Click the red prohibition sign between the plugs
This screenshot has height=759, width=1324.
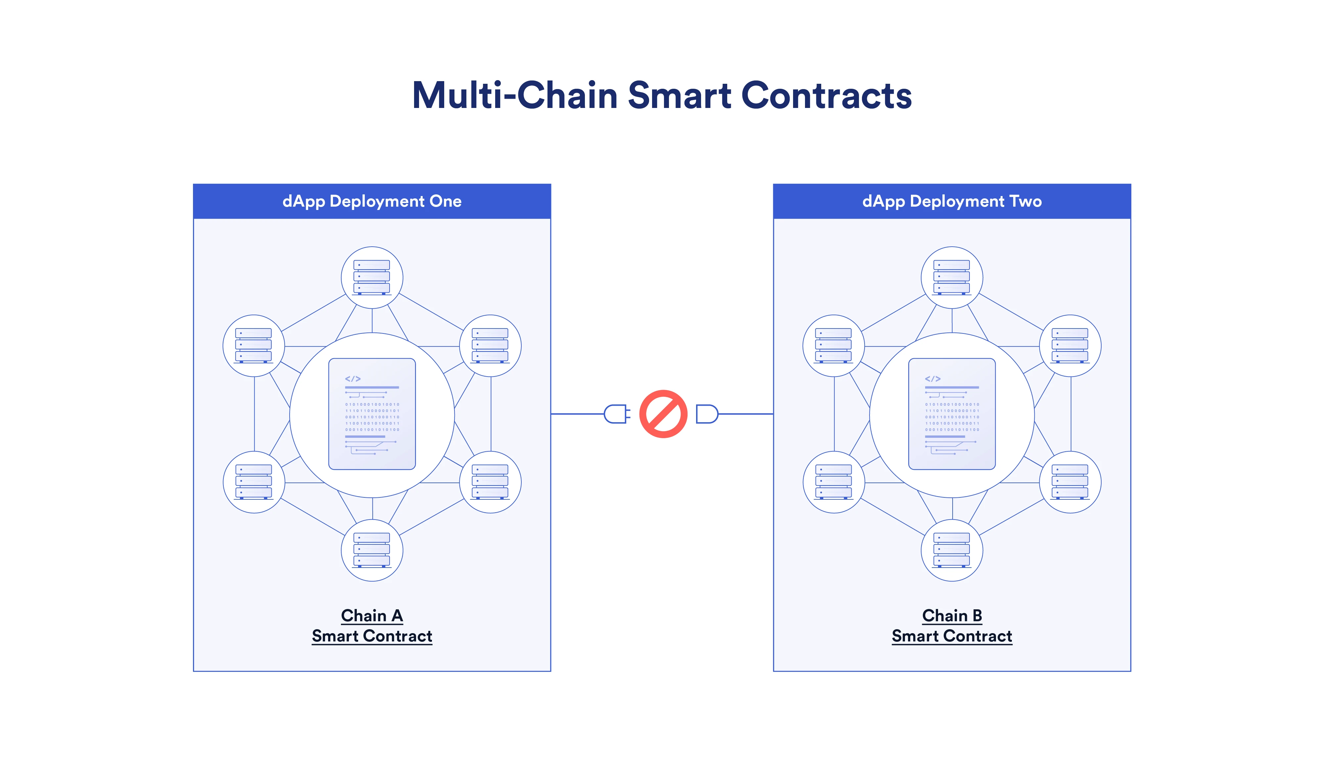663,414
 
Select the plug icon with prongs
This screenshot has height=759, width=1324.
616,414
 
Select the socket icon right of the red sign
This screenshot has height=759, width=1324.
707,414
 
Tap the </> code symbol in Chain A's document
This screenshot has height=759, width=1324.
353,379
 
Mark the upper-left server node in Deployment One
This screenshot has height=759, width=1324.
254,346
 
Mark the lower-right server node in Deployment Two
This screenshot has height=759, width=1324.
1070,482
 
